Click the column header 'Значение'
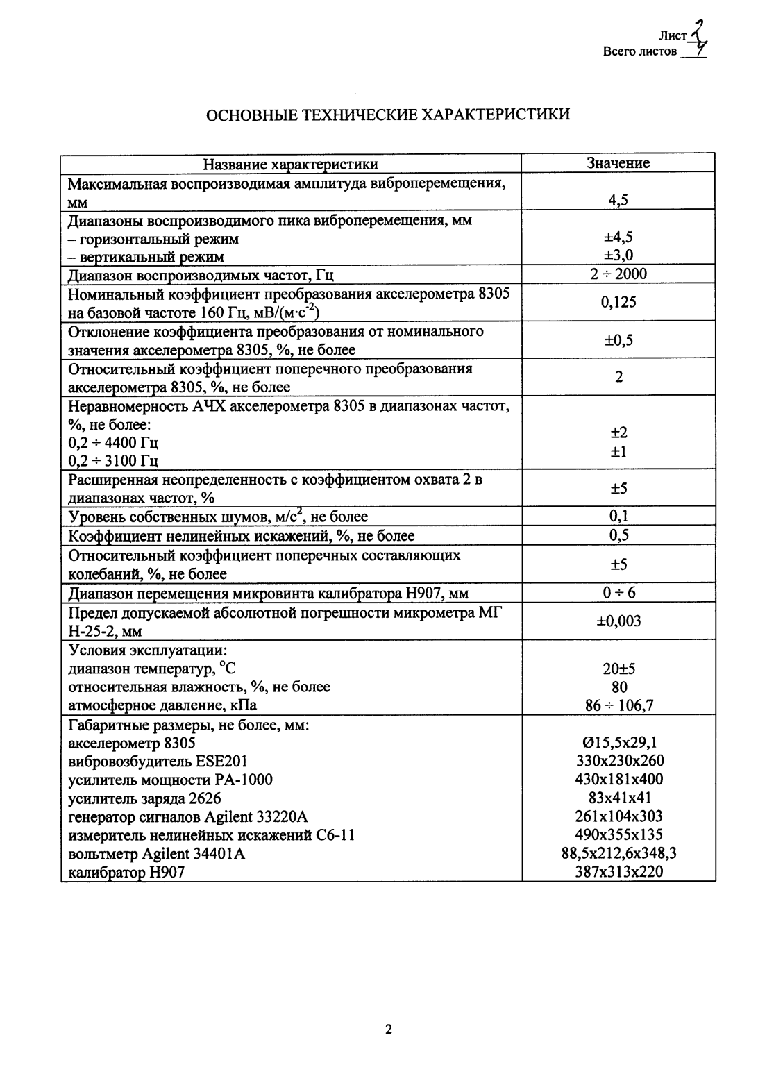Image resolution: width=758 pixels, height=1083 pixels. [x=618, y=163]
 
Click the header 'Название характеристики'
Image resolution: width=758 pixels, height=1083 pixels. [x=290, y=164]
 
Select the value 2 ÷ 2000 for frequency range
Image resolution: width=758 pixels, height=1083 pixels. [x=618, y=274]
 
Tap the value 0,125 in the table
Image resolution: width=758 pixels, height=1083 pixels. [x=618, y=302]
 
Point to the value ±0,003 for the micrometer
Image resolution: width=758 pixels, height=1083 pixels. [x=618, y=621]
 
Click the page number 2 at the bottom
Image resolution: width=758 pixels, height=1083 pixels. [x=389, y=1029]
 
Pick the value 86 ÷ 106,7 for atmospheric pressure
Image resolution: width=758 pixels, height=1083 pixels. [x=618, y=706]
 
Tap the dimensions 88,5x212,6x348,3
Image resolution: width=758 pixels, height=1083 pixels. [x=618, y=853]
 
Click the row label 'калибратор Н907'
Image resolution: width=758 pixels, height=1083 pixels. [x=126, y=872]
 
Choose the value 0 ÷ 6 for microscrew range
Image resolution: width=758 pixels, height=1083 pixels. [x=618, y=593]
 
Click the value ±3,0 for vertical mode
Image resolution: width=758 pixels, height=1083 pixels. [x=618, y=255]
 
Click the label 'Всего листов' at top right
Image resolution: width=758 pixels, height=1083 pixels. [x=639, y=51]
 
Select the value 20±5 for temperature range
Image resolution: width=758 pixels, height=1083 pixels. [x=618, y=669]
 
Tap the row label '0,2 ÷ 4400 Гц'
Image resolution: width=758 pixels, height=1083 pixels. [x=113, y=443]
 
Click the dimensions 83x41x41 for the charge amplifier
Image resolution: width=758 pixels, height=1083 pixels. [x=618, y=798]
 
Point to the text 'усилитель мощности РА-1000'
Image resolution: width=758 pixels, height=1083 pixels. [x=170, y=780]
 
